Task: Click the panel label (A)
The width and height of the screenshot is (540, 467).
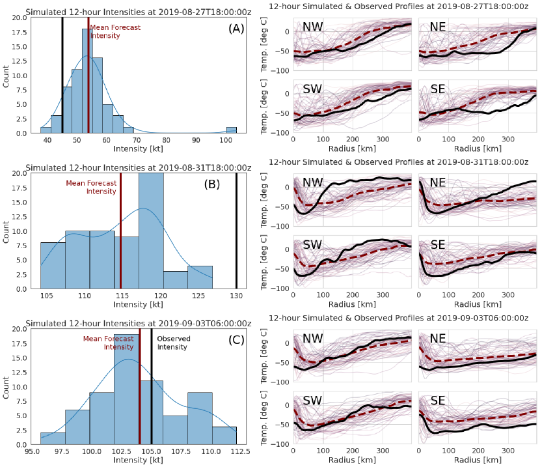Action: point(233,29)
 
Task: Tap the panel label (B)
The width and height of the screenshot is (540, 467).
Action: point(212,184)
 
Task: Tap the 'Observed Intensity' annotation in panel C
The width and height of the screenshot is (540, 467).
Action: point(172,343)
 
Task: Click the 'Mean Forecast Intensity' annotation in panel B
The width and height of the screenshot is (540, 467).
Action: point(91,187)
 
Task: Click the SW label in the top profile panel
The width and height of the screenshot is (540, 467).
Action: point(316,89)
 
